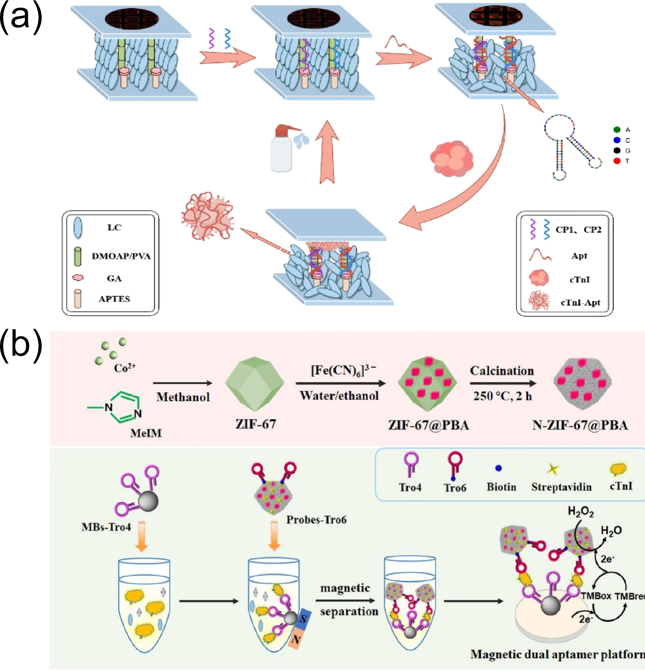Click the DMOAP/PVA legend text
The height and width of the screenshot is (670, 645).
click(x=121, y=256)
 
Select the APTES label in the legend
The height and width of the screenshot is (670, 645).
click(x=114, y=299)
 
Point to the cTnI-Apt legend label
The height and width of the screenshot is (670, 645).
click(x=580, y=303)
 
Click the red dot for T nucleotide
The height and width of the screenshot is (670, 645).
click(x=617, y=161)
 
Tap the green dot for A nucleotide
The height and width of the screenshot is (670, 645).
click(x=617, y=130)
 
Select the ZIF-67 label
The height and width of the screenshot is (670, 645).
click(x=256, y=424)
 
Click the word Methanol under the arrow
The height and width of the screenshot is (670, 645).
click(x=183, y=397)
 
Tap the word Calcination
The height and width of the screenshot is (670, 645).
click(x=502, y=371)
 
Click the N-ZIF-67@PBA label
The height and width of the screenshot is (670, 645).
click(x=580, y=425)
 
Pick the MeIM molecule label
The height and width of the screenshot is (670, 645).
click(x=146, y=433)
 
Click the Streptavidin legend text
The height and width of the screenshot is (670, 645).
click(x=561, y=487)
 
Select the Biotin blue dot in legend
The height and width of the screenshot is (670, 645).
click(x=499, y=468)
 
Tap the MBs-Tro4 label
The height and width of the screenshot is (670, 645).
click(x=106, y=527)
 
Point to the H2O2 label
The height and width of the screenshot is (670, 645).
click(x=581, y=512)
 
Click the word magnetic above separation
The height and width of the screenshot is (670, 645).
click(x=345, y=588)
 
